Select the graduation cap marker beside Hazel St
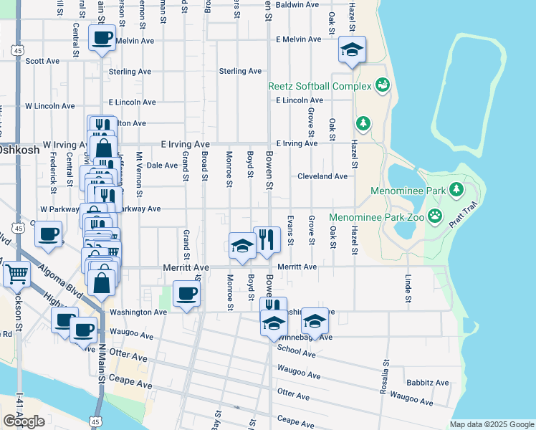[352, 49]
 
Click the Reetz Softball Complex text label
[320, 86]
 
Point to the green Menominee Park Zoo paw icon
[434, 216]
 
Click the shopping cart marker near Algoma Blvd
[16, 273]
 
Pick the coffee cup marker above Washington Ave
[187, 292]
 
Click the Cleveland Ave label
[322, 176]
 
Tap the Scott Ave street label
[42, 62]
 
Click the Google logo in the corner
[24, 421]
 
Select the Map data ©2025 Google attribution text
[491, 425]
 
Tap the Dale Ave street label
[161, 166]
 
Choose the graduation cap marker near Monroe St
[242, 245]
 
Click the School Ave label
[296, 353]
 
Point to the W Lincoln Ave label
[49, 106]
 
